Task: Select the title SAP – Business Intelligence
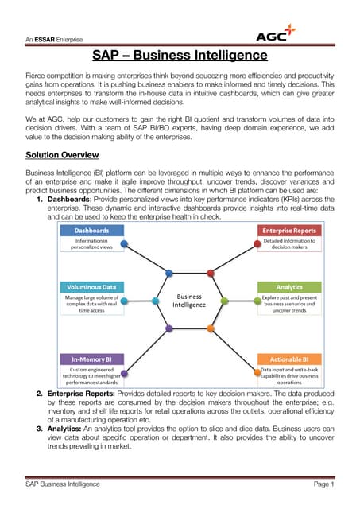pos(179,56)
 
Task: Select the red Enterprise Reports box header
pos(290,230)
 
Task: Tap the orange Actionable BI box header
pos(290,359)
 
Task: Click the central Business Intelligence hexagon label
pos(191,300)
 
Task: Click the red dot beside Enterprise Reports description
pos(211,273)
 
